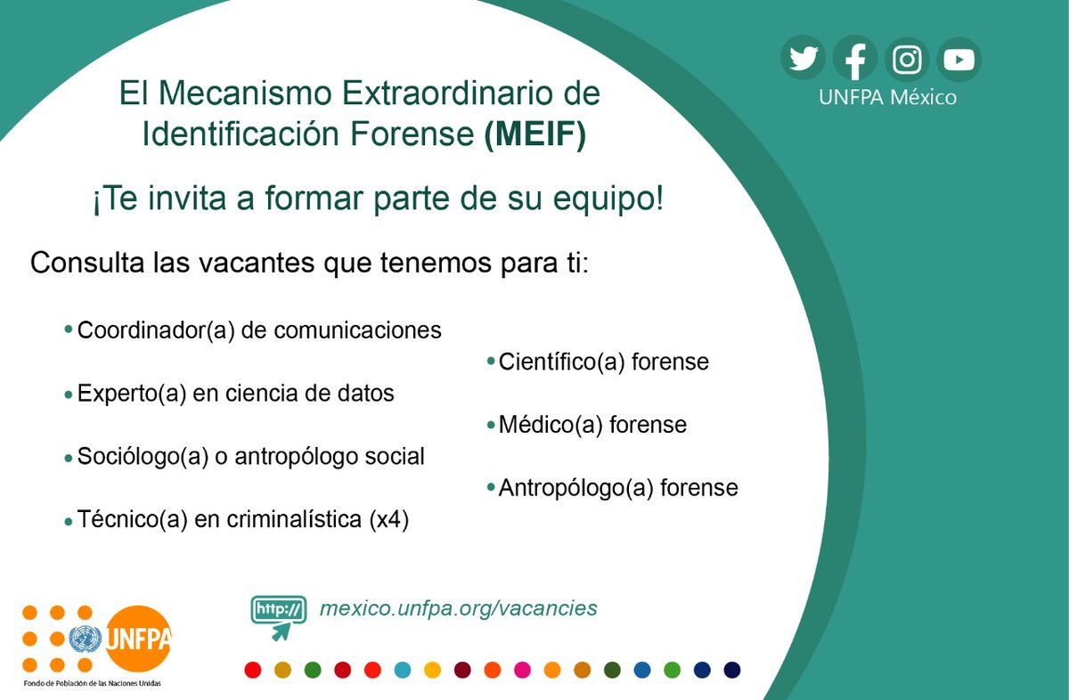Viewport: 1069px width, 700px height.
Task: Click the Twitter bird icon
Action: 804,60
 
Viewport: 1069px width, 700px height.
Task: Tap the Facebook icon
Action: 855,60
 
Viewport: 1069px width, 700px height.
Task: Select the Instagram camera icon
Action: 907,60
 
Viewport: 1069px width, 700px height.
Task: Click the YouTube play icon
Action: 959,60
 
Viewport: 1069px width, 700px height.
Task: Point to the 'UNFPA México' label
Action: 887,97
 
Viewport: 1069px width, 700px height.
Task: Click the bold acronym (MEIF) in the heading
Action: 534,134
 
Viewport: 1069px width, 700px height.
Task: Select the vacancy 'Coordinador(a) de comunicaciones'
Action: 259,330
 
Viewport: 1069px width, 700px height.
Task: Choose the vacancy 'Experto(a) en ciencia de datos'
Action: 235,393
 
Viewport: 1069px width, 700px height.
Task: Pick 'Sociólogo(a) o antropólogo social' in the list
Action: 250,457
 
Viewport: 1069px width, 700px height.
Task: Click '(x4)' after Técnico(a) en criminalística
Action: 388,520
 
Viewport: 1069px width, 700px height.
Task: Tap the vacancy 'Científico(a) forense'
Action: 603,362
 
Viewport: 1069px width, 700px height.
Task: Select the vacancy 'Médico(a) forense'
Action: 592,425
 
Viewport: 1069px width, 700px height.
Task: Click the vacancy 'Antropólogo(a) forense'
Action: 617,488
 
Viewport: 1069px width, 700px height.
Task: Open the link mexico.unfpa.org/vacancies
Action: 458,608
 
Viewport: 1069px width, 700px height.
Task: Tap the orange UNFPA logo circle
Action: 138,638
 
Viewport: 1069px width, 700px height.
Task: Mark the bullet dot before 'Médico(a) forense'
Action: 491,425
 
